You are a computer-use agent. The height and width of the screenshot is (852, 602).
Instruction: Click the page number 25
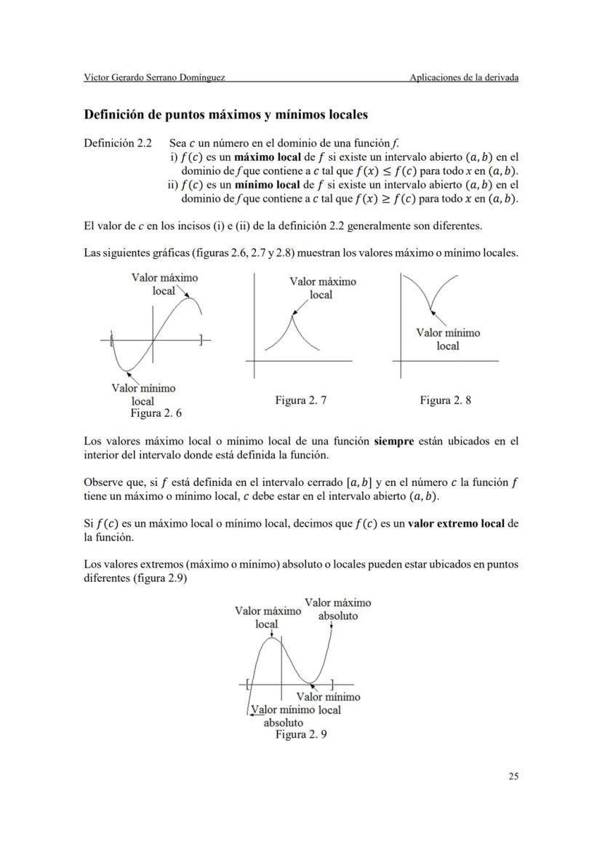pyautogui.click(x=513, y=776)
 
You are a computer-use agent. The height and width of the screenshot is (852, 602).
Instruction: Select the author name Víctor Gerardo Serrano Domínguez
pyautogui.click(x=154, y=78)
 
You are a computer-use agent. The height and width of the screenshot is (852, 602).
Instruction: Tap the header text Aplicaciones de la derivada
pyautogui.click(x=464, y=78)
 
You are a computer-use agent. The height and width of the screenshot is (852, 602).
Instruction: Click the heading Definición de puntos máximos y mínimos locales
pyautogui.click(x=226, y=115)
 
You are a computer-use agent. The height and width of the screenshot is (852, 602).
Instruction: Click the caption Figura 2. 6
pyautogui.click(x=156, y=413)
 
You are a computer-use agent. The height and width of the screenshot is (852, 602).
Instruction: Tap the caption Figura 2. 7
pyautogui.click(x=301, y=400)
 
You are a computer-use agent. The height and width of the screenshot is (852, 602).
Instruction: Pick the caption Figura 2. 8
pyautogui.click(x=445, y=400)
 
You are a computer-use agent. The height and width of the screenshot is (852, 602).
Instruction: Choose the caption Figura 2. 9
pyautogui.click(x=301, y=735)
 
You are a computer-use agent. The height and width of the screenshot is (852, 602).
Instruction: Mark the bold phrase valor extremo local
pyautogui.click(x=457, y=523)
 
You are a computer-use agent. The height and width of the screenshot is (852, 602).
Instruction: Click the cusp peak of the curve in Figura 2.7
pyautogui.click(x=293, y=314)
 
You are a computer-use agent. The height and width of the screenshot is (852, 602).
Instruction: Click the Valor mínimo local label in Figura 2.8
pyautogui.click(x=448, y=339)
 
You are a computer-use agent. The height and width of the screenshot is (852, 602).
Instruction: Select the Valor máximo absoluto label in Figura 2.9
pyautogui.click(x=338, y=609)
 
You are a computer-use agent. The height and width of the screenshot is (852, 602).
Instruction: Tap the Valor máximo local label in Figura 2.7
pyautogui.click(x=322, y=287)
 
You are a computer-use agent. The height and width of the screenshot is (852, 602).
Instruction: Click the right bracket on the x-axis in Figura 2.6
pyautogui.click(x=201, y=339)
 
